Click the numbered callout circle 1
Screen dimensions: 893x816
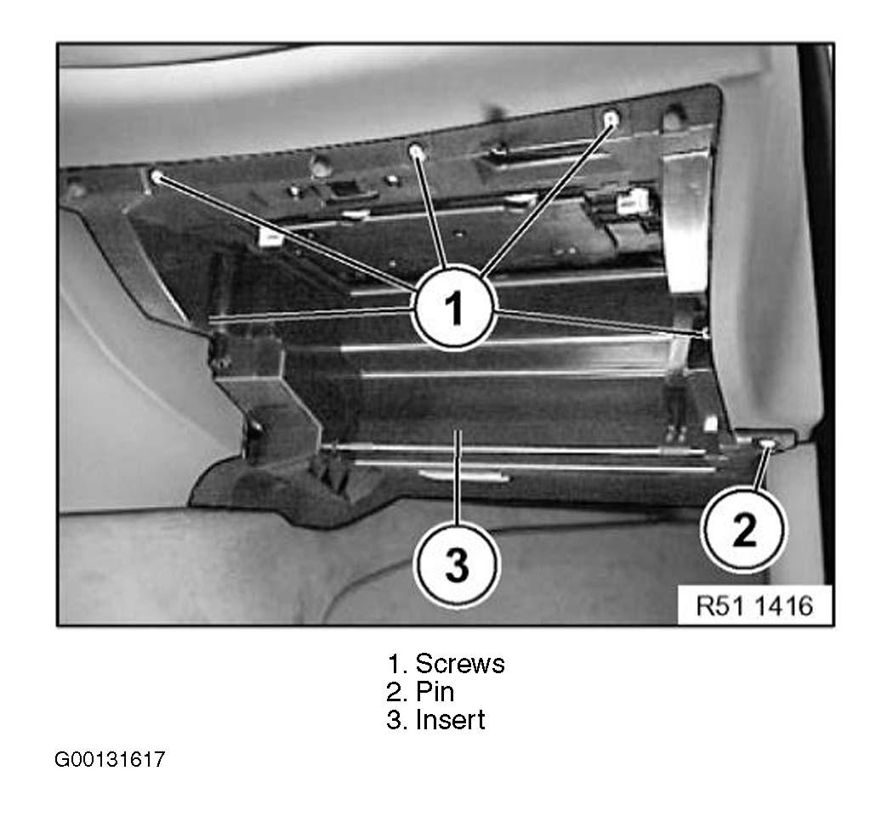coord(454,309)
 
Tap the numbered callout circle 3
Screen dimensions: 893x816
coord(456,565)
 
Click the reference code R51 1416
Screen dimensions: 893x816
coord(754,605)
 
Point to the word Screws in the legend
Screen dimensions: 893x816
coord(460,664)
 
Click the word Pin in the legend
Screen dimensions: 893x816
coord(435,692)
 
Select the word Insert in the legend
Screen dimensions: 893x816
coord(451,720)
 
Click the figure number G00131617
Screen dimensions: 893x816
coord(110,759)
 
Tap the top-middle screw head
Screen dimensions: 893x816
coord(417,151)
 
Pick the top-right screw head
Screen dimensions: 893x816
coord(611,119)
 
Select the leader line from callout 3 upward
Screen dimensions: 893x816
coord(458,477)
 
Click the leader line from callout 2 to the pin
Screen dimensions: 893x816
coord(761,469)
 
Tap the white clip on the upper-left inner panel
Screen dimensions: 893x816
coord(270,238)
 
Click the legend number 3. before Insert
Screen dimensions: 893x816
coord(396,721)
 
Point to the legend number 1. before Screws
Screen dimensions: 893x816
coord(397,664)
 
